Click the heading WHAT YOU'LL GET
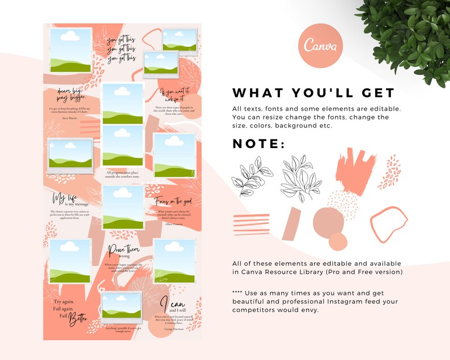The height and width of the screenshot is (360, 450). pos(313,93)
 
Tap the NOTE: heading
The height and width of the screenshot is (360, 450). pos(259,143)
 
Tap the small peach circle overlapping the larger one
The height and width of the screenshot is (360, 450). pos(338,242)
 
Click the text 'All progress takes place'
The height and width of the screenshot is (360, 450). pos(123,172)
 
